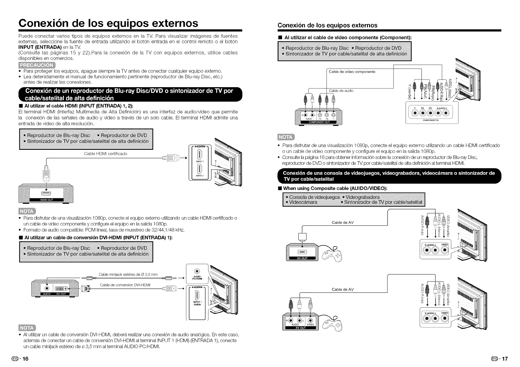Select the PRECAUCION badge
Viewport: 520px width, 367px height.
click(x=37, y=65)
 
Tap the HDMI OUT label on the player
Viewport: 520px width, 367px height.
click(x=46, y=200)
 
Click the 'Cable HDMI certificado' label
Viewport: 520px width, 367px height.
click(x=106, y=154)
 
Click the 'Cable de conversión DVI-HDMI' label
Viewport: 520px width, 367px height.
click(x=125, y=285)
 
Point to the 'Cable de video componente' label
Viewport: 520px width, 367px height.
click(x=352, y=72)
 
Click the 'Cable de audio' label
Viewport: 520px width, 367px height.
click(x=341, y=91)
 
